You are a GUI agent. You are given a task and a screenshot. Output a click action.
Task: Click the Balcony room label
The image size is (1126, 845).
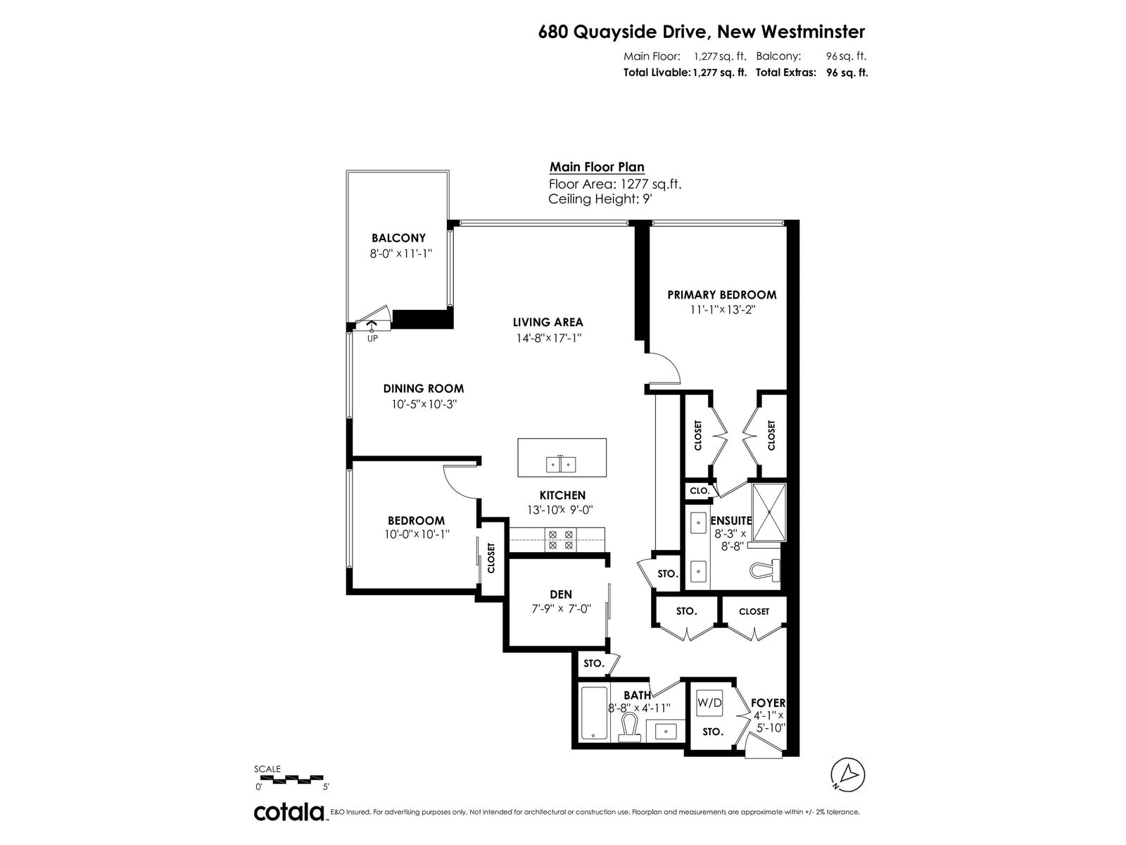pyautogui.click(x=398, y=238)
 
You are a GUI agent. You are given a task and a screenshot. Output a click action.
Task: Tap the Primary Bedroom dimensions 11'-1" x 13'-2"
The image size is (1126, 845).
pyautogui.click(x=723, y=310)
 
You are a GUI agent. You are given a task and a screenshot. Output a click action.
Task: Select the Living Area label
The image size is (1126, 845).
pyautogui.click(x=548, y=323)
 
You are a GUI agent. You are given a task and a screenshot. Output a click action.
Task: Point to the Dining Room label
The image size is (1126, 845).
pyautogui.click(x=424, y=389)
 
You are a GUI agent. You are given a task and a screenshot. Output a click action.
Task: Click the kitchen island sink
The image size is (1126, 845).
pyautogui.click(x=561, y=464)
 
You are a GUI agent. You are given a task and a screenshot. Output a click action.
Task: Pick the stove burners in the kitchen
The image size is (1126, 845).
pyautogui.click(x=561, y=540)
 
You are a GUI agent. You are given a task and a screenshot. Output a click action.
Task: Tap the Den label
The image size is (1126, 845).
pyautogui.click(x=561, y=594)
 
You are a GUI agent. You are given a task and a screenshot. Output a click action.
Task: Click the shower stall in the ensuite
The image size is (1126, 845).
pyautogui.click(x=768, y=512)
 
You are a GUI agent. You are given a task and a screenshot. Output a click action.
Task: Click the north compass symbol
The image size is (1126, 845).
pyautogui.click(x=848, y=775)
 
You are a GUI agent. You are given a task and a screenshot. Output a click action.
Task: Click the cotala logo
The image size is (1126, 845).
pyautogui.click(x=290, y=812)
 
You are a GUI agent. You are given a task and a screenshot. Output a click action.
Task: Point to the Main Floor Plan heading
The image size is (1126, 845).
pyautogui.click(x=597, y=168)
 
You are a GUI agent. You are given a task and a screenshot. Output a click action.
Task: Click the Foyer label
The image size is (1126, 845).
pyautogui.click(x=768, y=703)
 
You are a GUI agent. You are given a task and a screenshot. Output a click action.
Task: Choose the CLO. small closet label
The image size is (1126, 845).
pyautogui.click(x=700, y=491)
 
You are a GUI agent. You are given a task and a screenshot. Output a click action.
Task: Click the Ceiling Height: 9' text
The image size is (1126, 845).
pyautogui.click(x=600, y=199)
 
